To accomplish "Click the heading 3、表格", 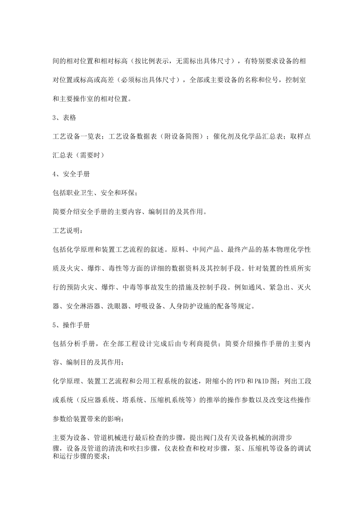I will point(64,118).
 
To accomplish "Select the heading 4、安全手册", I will point(71,174).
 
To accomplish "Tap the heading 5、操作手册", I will point(71,325).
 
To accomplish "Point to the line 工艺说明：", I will point(67,231).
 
